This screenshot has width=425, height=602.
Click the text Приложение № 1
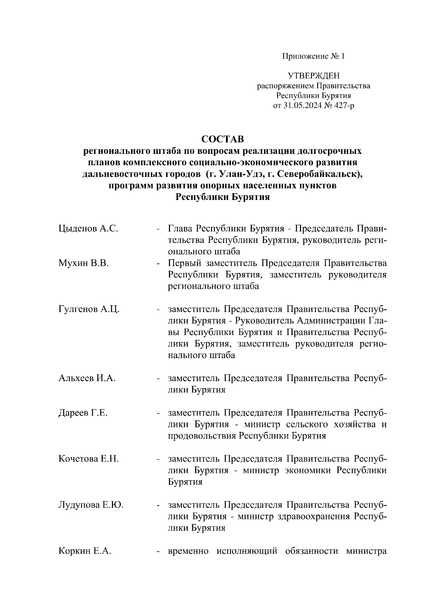(x=313, y=56)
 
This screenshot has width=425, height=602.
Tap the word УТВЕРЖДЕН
(x=313, y=76)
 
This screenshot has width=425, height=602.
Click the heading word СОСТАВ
(x=223, y=139)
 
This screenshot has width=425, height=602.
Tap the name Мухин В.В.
(x=84, y=263)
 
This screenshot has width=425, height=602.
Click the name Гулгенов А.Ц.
(x=89, y=309)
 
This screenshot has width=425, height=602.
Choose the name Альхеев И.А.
(x=87, y=378)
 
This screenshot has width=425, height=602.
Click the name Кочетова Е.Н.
(x=89, y=459)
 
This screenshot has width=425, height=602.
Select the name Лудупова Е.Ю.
(x=91, y=505)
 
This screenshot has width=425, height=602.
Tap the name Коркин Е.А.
(x=85, y=551)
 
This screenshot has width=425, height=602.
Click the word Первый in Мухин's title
(x=184, y=263)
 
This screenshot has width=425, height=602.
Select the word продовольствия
(x=202, y=436)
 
